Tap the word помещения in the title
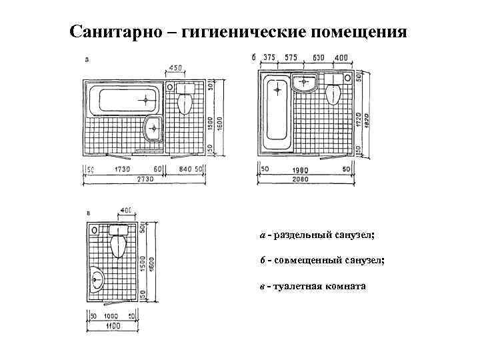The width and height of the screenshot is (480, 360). point(358,31)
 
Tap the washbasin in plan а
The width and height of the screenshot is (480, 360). point(154,127)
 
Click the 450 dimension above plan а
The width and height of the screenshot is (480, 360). point(177,68)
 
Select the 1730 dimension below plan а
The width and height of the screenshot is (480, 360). point(122,169)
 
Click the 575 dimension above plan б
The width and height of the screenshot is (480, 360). point(290,57)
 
